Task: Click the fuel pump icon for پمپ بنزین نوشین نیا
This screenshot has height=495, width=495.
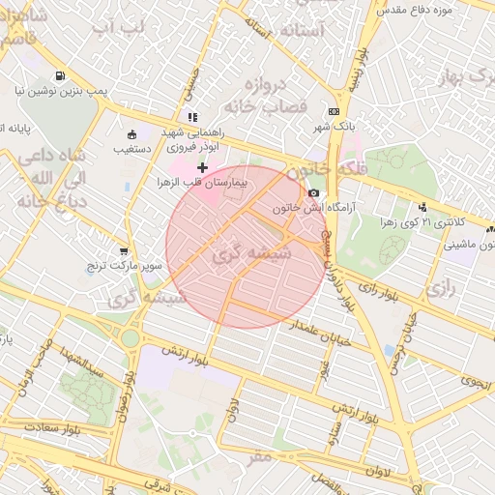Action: [61, 76]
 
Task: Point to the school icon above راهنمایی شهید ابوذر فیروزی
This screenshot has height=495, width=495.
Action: [191, 118]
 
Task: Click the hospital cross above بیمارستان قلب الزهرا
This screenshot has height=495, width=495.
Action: [202, 168]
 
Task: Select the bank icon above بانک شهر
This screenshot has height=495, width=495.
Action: [334, 112]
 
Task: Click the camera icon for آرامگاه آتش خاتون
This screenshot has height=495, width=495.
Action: [313, 193]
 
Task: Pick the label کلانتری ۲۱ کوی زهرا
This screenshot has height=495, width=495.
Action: [422, 220]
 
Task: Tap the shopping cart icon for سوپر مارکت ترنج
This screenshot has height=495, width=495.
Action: [123, 250]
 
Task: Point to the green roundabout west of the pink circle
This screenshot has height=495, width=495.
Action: [130, 337]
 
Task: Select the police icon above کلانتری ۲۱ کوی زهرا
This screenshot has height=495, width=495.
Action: [422, 206]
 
